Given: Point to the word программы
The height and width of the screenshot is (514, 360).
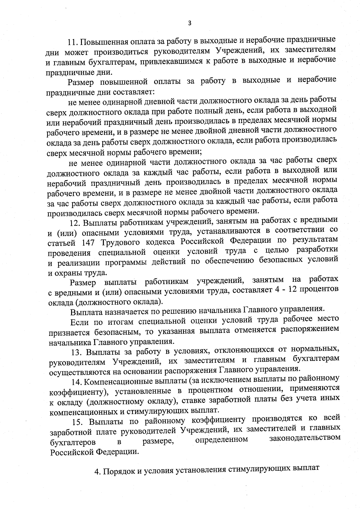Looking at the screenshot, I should coord(126,262).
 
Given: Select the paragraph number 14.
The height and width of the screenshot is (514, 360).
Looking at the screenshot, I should coord(77,381).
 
